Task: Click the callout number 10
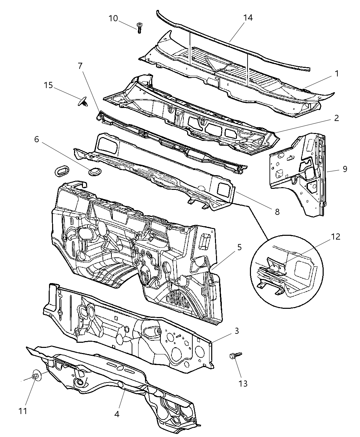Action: click(x=113, y=18)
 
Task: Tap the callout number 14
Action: click(x=248, y=18)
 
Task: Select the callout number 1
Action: click(x=337, y=73)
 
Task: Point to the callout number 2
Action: click(x=337, y=118)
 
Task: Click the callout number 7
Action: click(x=80, y=65)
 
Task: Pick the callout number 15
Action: click(x=48, y=85)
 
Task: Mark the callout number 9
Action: click(x=345, y=169)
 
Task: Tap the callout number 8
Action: click(x=277, y=212)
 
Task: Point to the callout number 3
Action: click(x=244, y=331)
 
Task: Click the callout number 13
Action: click(x=243, y=383)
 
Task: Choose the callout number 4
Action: click(x=117, y=414)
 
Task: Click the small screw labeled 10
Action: click(x=140, y=27)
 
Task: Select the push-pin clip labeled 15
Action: click(x=83, y=101)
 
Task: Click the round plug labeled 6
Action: click(x=93, y=171)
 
